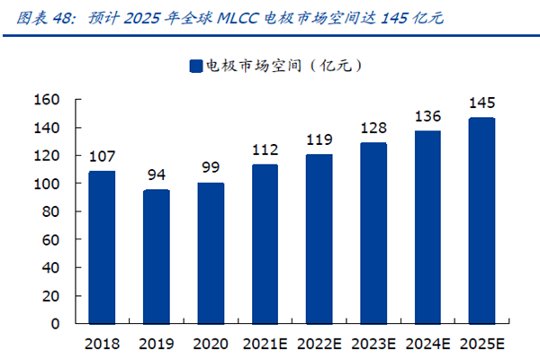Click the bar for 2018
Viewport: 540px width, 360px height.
point(102,247)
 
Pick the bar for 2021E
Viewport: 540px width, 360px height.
point(265,243)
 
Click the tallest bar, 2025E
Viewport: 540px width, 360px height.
point(481,220)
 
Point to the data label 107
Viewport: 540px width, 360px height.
point(102,157)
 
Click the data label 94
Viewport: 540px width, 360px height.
point(156,175)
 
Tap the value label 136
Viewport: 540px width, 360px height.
point(427,116)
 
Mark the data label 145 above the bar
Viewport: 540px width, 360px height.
point(481,103)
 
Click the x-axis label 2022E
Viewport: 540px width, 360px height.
point(319,343)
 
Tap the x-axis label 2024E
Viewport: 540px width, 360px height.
point(427,343)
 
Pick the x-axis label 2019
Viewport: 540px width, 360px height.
point(156,343)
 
